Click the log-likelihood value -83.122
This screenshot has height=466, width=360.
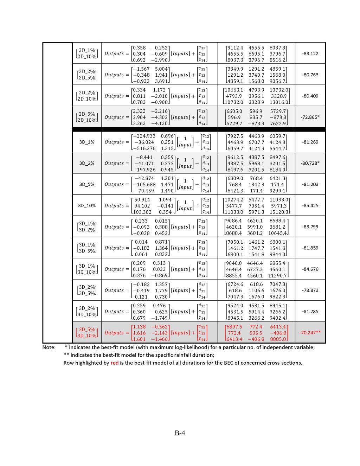(x=310, y=54)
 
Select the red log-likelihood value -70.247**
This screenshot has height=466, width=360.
(x=310, y=333)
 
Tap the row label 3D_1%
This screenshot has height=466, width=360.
(x=87, y=142)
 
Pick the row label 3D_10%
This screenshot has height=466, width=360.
(x=87, y=206)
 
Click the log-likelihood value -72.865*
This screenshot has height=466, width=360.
(x=310, y=117)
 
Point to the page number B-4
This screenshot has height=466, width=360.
(x=180, y=433)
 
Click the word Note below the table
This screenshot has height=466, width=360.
(x=49, y=347)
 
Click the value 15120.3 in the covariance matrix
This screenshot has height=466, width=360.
(x=279, y=212)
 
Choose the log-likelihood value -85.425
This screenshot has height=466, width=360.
(x=310, y=206)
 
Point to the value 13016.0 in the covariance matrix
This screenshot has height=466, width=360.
(x=279, y=102)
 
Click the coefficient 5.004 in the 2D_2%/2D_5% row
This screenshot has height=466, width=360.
(x=161, y=69)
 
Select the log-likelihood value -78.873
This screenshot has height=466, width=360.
(x=310, y=291)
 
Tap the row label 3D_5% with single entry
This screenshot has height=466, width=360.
(x=87, y=184)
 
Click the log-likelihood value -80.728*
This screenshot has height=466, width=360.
(x=310, y=163)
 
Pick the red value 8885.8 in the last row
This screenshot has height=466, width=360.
(x=278, y=339)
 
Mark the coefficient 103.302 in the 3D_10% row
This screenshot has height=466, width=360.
(x=143, y=212)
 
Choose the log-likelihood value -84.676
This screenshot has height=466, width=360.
(x=310, y=269)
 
